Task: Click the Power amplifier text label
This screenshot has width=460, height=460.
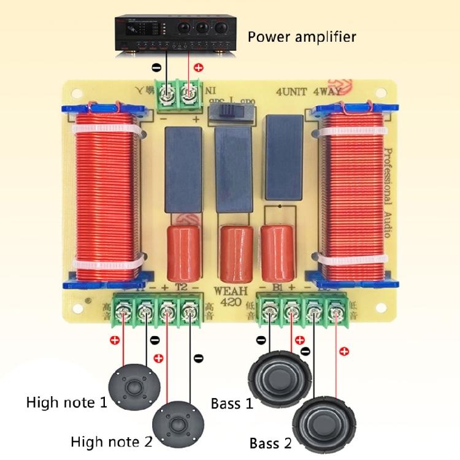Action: coord(301,37)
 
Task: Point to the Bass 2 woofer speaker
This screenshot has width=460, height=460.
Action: coord(316,421)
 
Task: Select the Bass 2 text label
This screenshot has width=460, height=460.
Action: coord(270,442)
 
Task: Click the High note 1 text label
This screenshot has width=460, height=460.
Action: coord(66,403)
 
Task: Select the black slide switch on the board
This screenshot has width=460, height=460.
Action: coord(230,112)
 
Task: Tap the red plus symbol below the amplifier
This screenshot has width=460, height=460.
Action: coord(198,67)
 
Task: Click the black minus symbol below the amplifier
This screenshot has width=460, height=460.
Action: coord(156,67)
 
